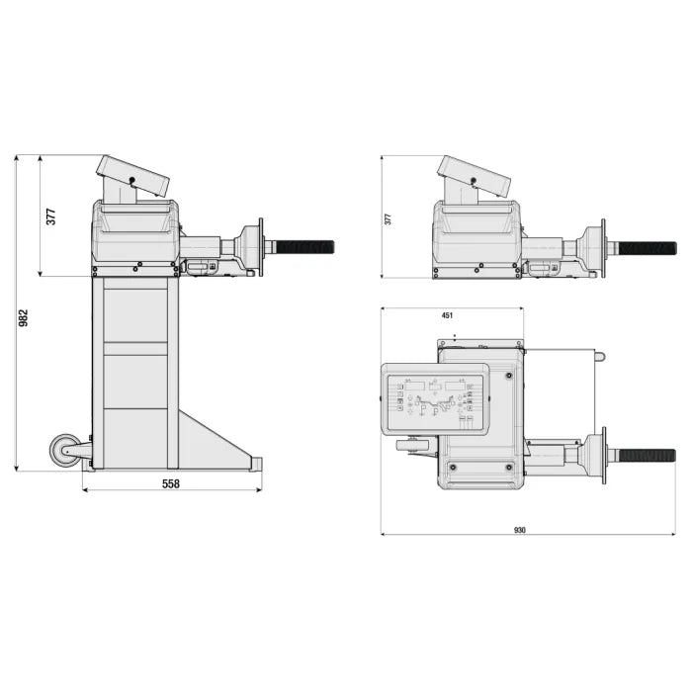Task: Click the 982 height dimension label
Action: [24, 317]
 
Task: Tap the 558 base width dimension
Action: [171, 484]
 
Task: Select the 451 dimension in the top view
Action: [447, 315]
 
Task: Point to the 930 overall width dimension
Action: [520, 530]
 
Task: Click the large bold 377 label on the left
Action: [51, 216]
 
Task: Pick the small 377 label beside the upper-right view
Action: [388, 219]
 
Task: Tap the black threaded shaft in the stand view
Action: [304, 247]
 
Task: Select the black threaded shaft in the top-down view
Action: [647, 456]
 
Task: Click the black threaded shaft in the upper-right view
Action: [647, 248]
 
